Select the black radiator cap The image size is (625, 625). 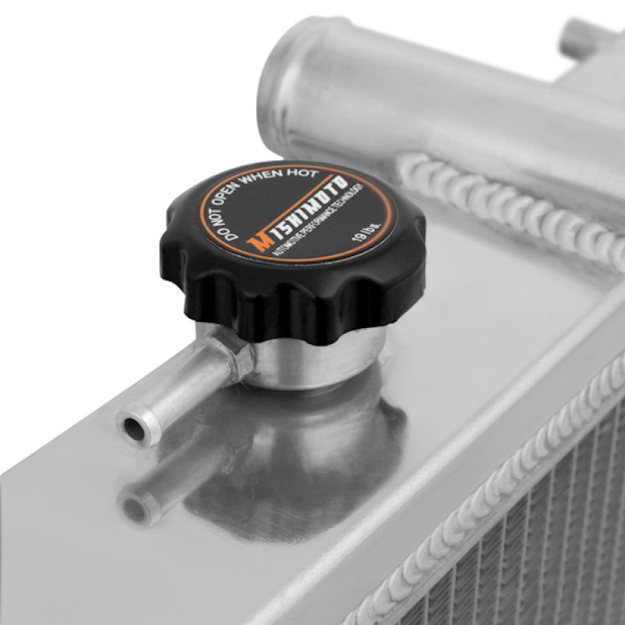[x=297, y=258]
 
